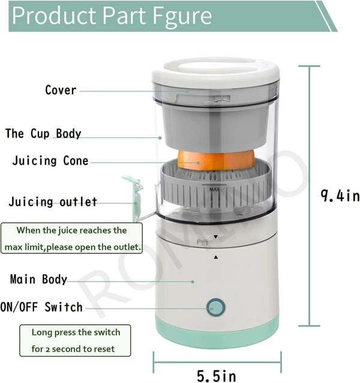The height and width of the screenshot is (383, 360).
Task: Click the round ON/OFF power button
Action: (x=216, y=307)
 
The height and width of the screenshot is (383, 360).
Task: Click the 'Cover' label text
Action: (x=61, y=90)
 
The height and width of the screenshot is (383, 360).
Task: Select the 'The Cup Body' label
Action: (x=43, y=133)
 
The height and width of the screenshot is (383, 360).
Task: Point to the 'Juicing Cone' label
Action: (x=50, y=161)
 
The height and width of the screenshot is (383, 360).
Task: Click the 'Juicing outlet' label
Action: (x=53, y=202)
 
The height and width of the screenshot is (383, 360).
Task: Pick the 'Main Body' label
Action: (x=38, y=279)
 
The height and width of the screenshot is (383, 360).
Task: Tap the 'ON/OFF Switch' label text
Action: (x=41, y=307)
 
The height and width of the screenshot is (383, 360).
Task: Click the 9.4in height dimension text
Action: (x=340, y=196)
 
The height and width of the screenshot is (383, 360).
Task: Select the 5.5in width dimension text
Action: (x=217, y=376)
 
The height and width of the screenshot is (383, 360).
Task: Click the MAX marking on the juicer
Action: (x=214, y=189)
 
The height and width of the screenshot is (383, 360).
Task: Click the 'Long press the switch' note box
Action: (x=75, y=340)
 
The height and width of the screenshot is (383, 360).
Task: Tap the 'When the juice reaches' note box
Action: (x=72, y=238)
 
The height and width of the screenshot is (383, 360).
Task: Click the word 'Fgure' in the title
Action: (x=182, y=16)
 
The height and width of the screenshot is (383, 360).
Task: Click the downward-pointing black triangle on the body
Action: (x=215, y=237)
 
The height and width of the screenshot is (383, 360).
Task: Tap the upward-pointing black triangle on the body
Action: (x=216, y=257)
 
